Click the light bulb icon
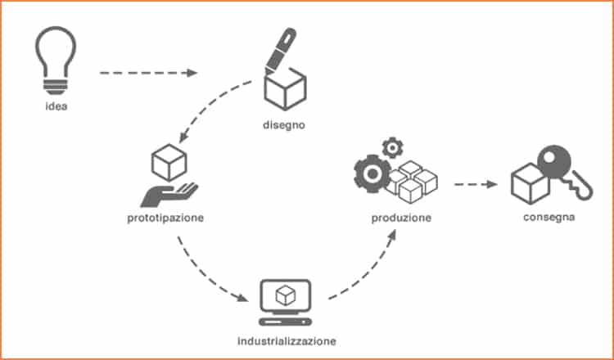click(56, 61)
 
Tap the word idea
click(56, 106)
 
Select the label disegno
click(284, 126)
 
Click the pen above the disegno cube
click(280, 49)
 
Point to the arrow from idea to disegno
click(148, 73)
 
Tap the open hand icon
click(169, 195)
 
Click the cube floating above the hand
click(169, 162)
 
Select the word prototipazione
click(165, 218)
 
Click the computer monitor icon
click(286, 302)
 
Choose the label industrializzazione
click(287, 341)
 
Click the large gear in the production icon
click(372, 173)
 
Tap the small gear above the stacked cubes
click(392, 148)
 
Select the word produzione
click(401, 218)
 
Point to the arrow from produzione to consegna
click(476, 184)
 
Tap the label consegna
click(549, 217)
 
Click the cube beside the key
click(530, 184)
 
